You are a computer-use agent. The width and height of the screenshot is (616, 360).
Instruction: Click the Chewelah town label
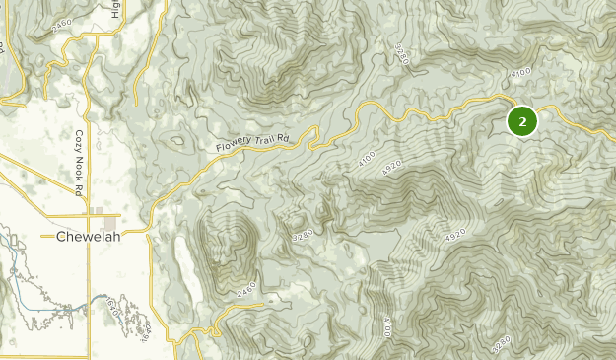[x=88, y=238]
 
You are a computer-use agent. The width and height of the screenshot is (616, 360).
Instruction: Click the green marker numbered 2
[x=521, y=121]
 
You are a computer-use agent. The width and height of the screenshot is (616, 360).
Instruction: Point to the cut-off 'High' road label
[x=116, y=10]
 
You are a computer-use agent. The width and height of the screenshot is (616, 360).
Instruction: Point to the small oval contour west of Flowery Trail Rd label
[x=177, y=141]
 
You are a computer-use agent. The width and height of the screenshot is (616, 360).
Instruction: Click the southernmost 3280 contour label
[x=501, y=345]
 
